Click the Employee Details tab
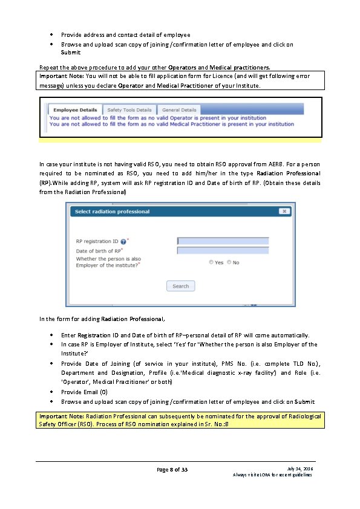pyautogui.click(x=74, y=110)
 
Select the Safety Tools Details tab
pyautogui.click(x=129, y=110)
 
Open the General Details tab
pyautogui.click(x=179, y=110)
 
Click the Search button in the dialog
pyautogui.click(x=180, y=286)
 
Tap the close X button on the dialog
pyautogui.click(x=284, y=212)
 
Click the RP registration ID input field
pyautogui.click(x=223, y=241)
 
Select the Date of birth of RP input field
pyautogui.click(x=223, y=250)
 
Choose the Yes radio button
pyautogui.click(x=211, y=262)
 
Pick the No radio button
pyautogui.click(x=229, y=262)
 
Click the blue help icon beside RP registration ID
pyautogui.click(x=123, y=241)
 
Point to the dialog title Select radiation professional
pyautogui.click(x=113, y=212)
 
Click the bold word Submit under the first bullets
pyautogui.click(x=71, y=53)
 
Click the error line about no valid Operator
pyautogui.click(x=157, y=118)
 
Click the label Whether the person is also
pyautogui.click(x=108, y=259)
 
